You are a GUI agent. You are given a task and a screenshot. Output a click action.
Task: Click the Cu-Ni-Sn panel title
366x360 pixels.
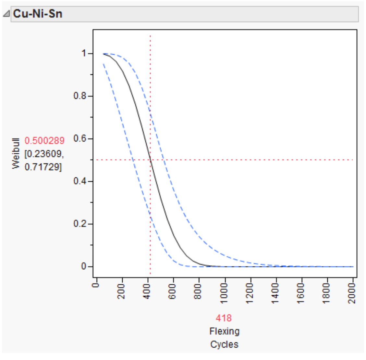(x=37, y=14)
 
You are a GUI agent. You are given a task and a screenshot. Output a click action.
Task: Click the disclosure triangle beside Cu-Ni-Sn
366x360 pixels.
(x=6, y=14)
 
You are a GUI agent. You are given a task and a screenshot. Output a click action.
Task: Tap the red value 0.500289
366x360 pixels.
(x=44, y=141)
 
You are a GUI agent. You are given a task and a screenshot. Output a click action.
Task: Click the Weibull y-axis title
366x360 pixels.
(x=16, y=153)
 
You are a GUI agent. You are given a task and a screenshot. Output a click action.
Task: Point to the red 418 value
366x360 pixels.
(x=224, y=318)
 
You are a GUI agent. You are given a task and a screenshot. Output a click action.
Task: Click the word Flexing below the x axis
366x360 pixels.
(x=224, y=331)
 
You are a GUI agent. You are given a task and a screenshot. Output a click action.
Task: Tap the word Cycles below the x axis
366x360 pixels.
(x=224, y=344)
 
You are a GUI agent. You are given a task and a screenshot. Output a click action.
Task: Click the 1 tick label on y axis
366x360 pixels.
(x=84, y=53)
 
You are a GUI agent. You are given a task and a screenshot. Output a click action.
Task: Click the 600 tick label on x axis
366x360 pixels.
(x=172, y=291)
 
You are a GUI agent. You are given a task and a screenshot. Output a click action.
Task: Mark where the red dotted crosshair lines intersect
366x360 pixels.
(x=150, y=160)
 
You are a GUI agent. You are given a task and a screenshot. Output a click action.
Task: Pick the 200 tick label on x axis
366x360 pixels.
(x=121, y=291)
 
